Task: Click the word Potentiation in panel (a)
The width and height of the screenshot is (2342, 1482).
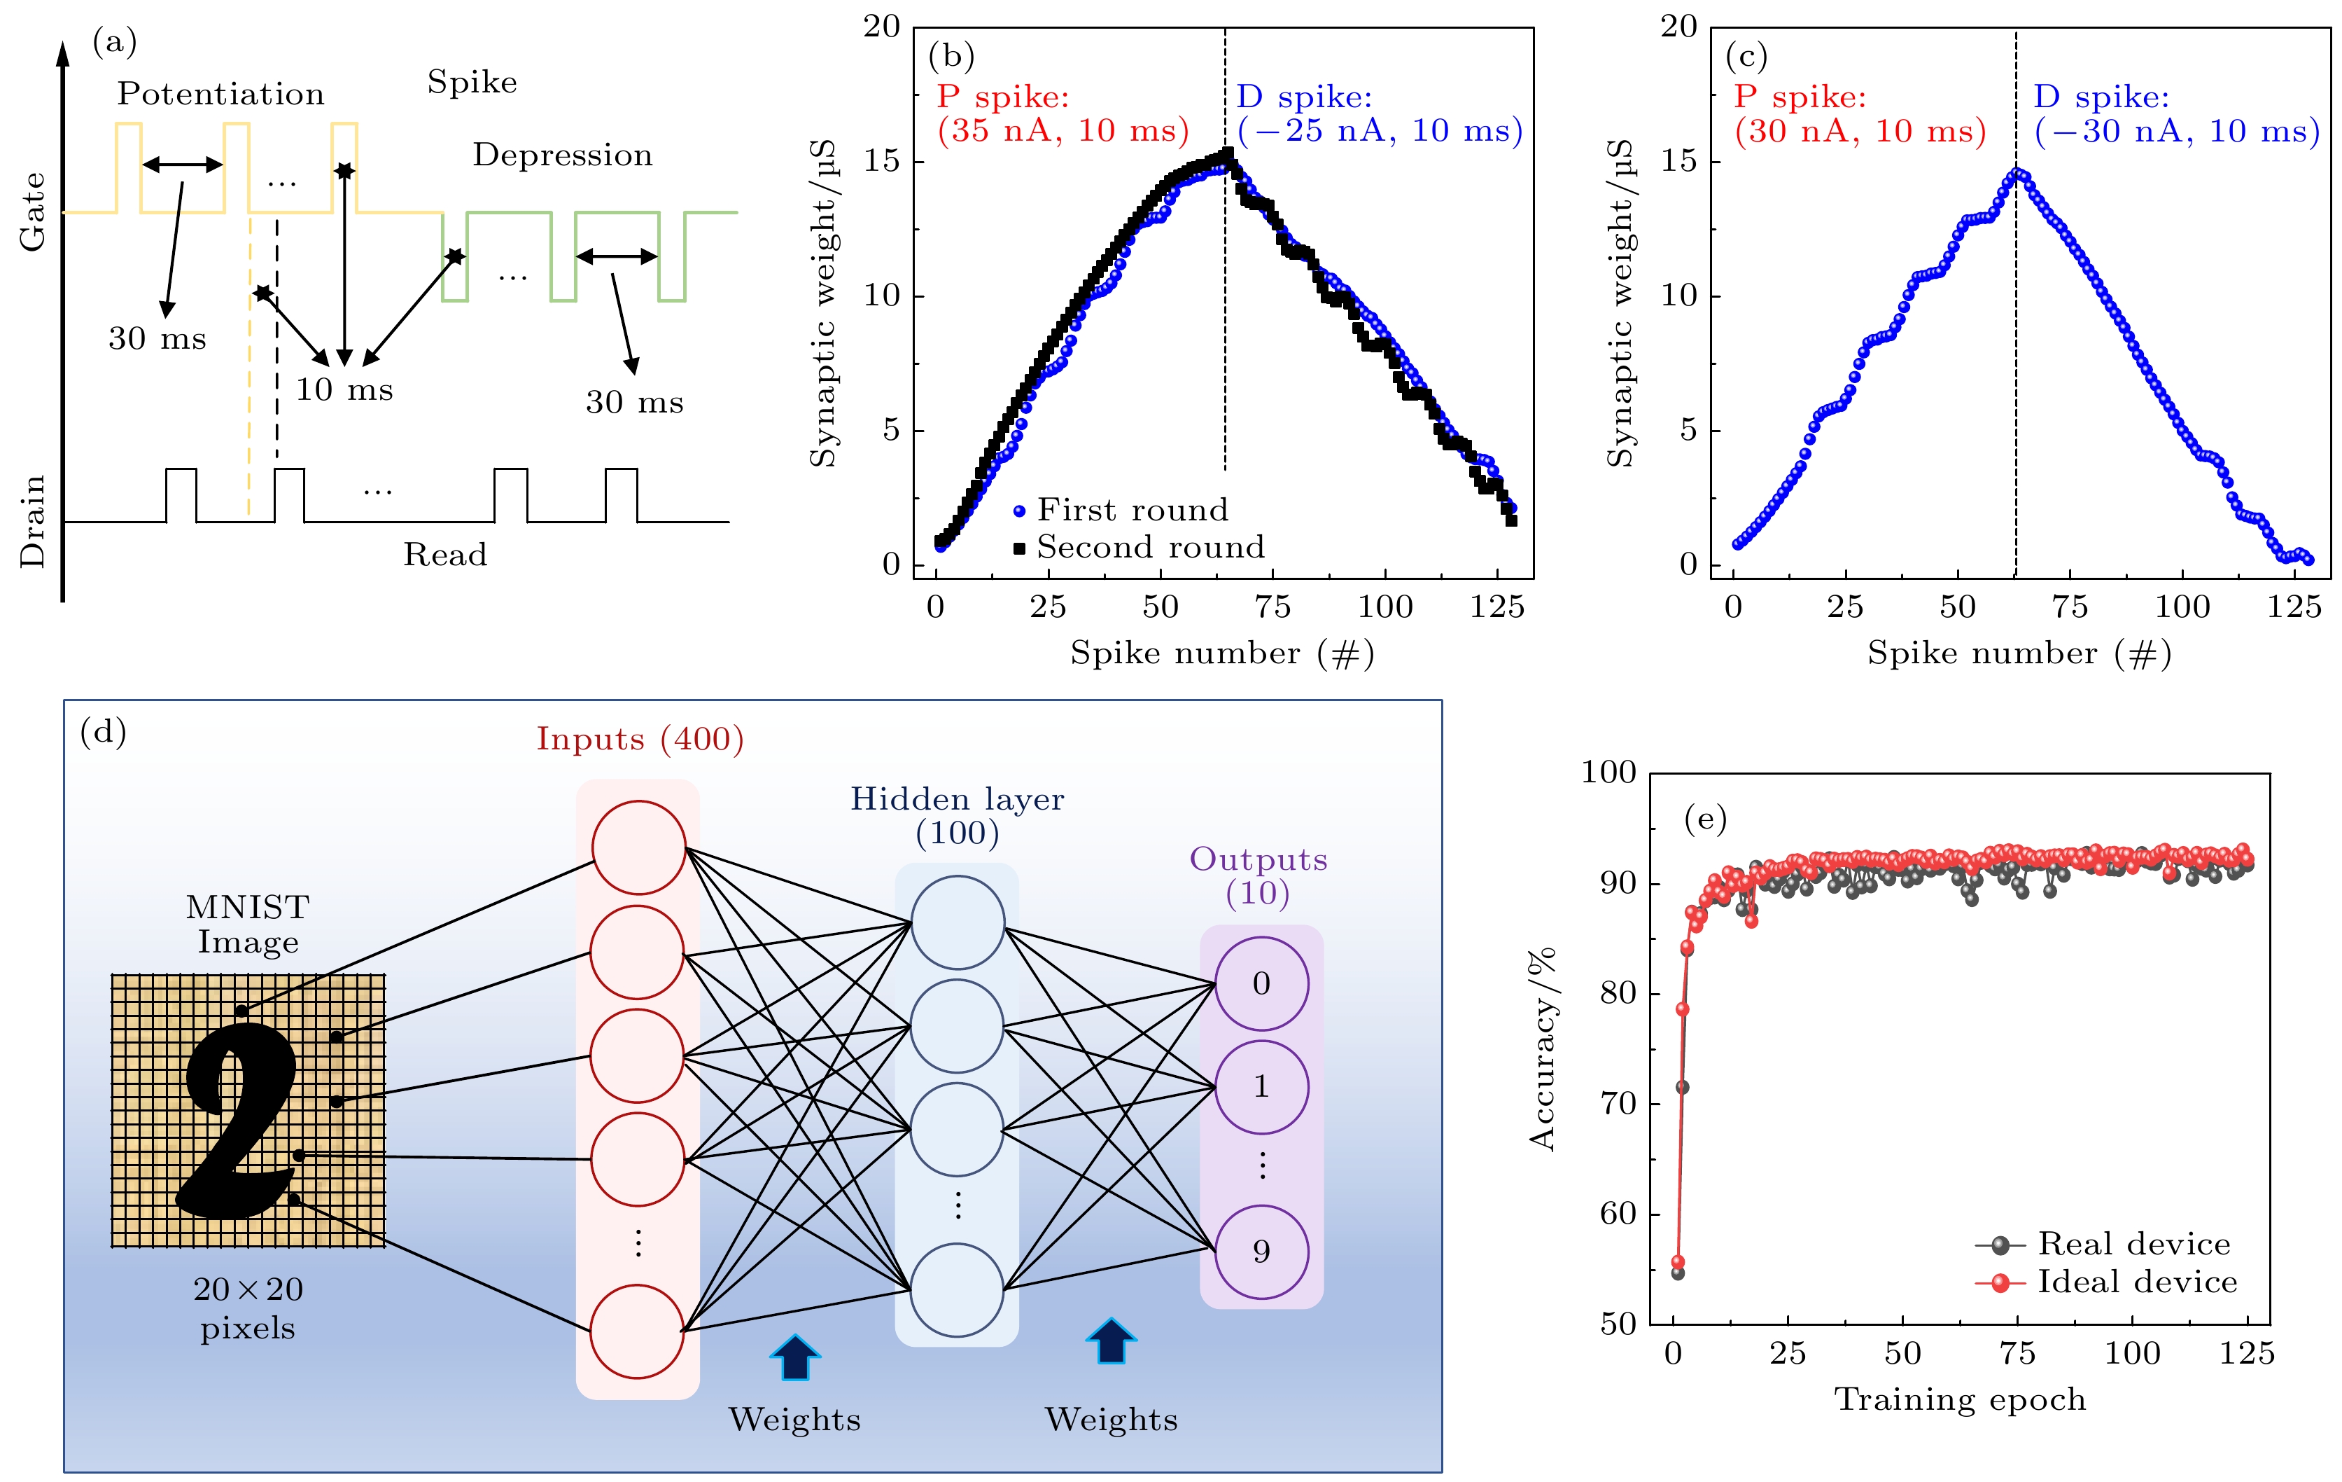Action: tap(220, 95)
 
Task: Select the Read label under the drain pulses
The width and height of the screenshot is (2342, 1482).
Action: tap(445, 555)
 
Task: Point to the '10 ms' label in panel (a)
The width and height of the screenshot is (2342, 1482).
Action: tap(344, 390)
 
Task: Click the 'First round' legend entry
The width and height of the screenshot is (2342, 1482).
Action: tap(1132, 510)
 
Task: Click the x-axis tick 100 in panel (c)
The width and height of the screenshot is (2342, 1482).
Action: tap(2182, 607)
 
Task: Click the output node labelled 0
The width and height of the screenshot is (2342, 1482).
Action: tap(1261, 984)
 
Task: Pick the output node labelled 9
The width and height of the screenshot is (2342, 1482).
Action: tap(1261, 1252)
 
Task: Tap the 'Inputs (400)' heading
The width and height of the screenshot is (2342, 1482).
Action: tap(640, 740)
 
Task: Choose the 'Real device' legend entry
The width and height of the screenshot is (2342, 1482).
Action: tap(2134, 1244)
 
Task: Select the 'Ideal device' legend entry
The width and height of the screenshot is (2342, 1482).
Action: tap(2137, 1282)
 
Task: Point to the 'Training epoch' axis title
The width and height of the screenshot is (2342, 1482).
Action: tap(1960, 1399)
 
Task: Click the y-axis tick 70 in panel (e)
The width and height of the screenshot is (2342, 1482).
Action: tap(1618, 1104)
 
